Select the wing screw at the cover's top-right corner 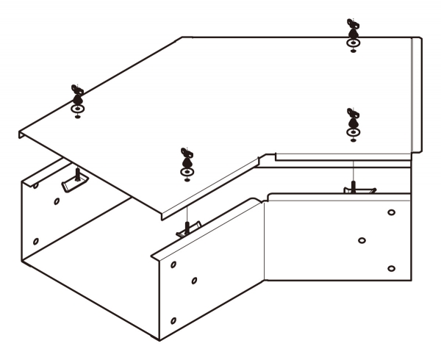tap(354, 30)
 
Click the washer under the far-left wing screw tap(77, 109)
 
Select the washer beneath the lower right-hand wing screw tap(353, 132)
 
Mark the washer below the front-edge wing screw tap(187, 172)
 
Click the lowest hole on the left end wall tap(36, 240)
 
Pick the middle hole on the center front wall tap(194, 280)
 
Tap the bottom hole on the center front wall tap(173, 321)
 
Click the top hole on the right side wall tap(391, 213)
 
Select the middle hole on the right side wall tap(362, 240)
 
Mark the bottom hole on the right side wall tap(391, 268)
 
